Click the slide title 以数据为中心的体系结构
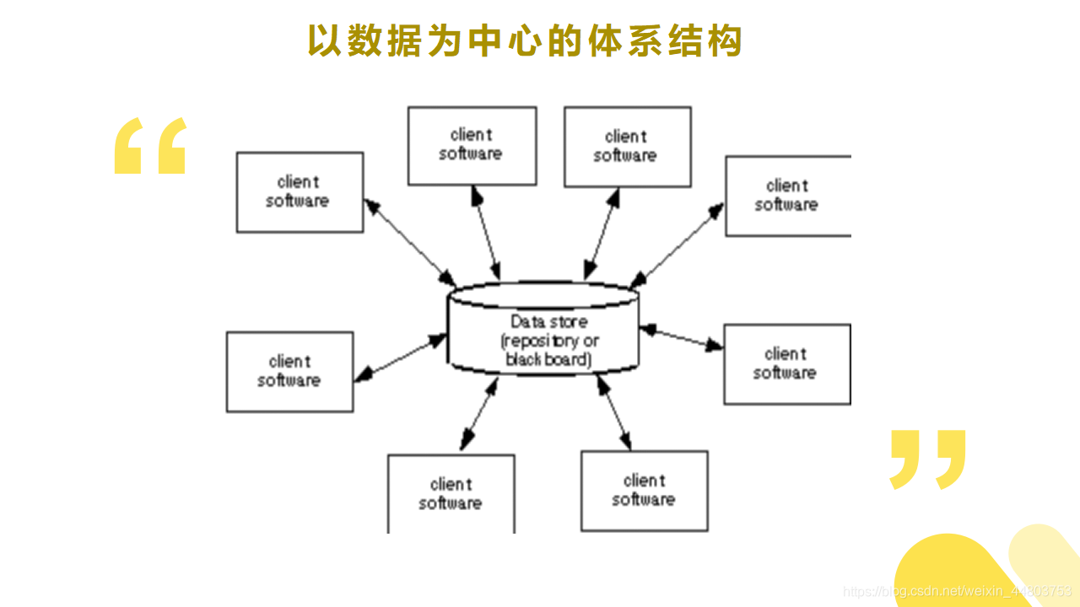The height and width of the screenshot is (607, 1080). click(524, 40)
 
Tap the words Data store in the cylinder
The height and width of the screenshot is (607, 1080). click(548, 321)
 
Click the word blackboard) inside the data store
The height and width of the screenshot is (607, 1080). click(548, 360)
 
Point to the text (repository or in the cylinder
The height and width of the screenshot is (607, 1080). click(549, 341)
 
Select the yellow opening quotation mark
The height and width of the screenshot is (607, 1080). click(150, 146)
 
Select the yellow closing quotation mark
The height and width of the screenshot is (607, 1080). click(927, 459)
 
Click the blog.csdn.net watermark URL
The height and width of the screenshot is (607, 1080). click(958, 592)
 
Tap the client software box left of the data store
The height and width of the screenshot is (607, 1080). click(289, 371)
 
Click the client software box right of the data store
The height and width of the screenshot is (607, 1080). click(786, 363)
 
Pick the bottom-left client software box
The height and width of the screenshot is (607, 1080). click(451, 493)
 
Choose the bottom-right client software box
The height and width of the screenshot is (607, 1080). click(644, 490)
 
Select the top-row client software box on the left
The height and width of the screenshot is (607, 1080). click(472, 145)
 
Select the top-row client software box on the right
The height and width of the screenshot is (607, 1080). click(627, 146)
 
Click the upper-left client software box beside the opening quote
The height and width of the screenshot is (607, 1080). click(300, 191)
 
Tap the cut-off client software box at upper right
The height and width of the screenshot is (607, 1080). click(787, 195)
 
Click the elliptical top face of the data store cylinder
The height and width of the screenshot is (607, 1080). click(543, 295)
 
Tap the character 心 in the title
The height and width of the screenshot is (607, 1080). click(524, 40)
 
